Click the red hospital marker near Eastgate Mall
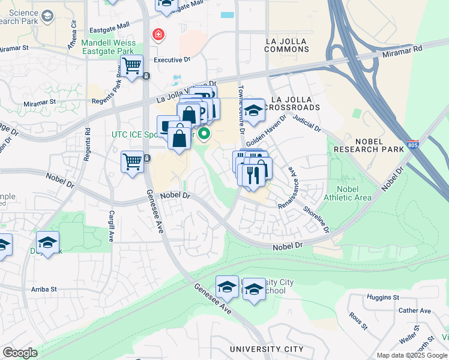point(158,35)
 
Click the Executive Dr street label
point(172,60)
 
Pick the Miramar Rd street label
point(402,52)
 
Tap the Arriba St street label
point(44,289)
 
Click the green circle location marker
point(204,134)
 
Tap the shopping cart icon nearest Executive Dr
point(131,64)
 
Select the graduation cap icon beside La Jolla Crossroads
point(254,110)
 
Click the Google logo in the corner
point(19,353)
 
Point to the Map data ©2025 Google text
point(411,355)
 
